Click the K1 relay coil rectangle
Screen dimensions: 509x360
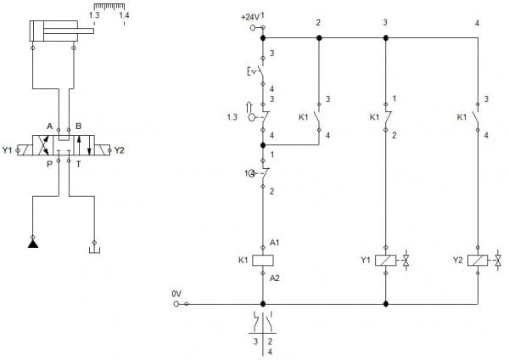[x=263, y=261]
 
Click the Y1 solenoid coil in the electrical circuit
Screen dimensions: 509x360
[x=386, y=261]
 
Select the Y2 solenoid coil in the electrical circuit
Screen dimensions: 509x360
[x=478, y=261]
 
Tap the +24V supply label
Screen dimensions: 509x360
[x=250, y=17]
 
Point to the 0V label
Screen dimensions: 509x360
[x=176, y=294]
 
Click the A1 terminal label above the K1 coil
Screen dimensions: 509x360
[x=274, y=242]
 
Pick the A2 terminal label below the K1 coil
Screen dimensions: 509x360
[x=274, y=278]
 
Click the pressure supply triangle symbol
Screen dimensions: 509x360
[x=33, y=244]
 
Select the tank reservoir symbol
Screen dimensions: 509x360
[x=94, y=250]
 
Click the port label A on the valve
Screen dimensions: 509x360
[x=49, y=126]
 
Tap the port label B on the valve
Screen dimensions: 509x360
[x=78, y=126]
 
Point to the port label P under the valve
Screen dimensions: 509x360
[x=49, y=165]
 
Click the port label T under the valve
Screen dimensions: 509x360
[x=78, y=165]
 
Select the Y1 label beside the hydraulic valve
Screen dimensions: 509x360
[x=7, y=150]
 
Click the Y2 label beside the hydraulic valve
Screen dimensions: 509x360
[x=120, y=150]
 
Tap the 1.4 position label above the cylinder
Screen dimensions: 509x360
[x=124, y=15]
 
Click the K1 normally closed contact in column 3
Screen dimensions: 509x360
[x=387, y=117]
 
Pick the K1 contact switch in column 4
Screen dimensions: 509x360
[x=476, y=117]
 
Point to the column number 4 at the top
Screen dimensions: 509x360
[x=477, y=23]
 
